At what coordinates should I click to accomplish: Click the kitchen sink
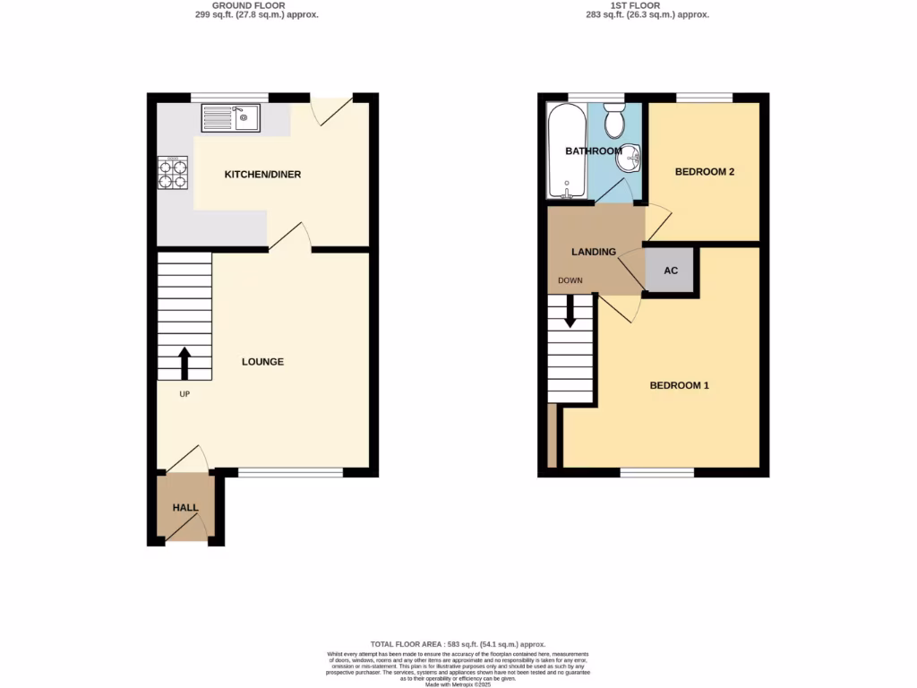[231, 118]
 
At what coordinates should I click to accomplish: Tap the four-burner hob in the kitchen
[175, 173]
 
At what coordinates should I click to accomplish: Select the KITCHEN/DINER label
[262, 174]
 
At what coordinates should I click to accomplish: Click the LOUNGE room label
[262, 362]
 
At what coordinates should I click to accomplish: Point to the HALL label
[185, 508]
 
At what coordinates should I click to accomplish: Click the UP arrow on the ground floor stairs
[184, 364]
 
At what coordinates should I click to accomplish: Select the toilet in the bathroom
[614, 121]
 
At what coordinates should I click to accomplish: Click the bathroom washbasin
[633, 158]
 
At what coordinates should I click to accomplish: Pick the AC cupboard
[671, 271]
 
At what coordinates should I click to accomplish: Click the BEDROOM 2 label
[705, 171]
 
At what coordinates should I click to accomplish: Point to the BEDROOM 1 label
[679, 385]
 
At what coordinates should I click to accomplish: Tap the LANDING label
[594, 252]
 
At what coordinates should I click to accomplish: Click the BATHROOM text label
[593, 151]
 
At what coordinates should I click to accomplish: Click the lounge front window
[290, 472]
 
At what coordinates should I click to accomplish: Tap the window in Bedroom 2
[704, 97]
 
